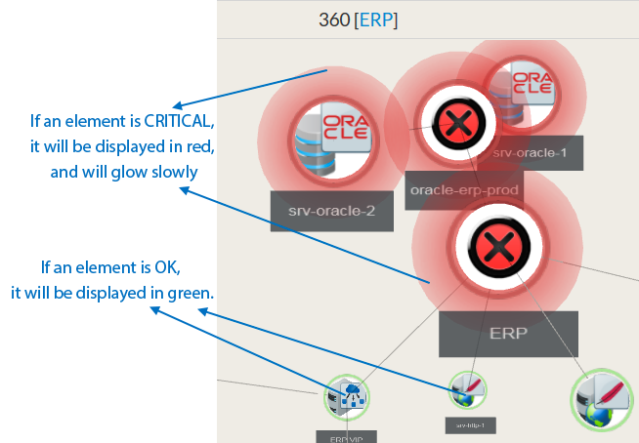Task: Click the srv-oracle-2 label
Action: pos(331,211)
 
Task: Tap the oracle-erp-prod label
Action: pos(464,189)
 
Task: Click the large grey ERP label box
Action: pos(508,334)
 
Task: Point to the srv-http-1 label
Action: pos(470,424)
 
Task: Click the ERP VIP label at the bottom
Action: pos(346,437)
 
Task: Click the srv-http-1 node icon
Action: pos(468,391)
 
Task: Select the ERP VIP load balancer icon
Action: pos(347,397)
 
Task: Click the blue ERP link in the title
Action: pos(376,20)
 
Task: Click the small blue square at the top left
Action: pos(193,90)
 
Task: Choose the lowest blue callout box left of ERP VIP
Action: pos(182,351)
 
